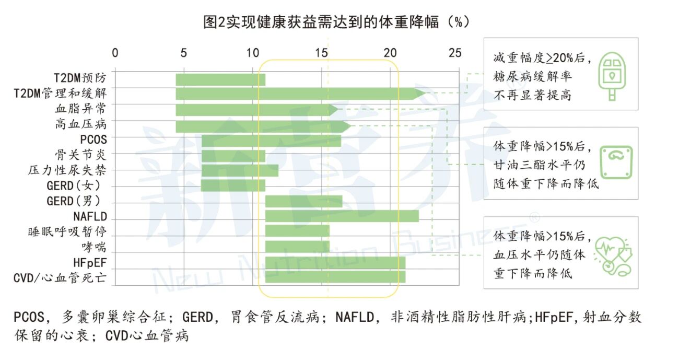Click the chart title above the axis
tap(336, 22)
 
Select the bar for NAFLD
tap(342, 216)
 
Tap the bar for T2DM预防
tap(220, 79)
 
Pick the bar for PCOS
tap(271, 141)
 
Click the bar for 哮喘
tap(297, 246)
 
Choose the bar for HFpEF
tap(335, 262)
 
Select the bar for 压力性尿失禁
tap(239, 170)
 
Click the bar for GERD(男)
tap(303, 201)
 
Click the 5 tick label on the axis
tap(183, 53)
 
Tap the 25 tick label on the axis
tap(455, 53)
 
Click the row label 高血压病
tap(80, 125)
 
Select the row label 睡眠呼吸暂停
tap(67, 231)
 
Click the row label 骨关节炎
tap(80, 155)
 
